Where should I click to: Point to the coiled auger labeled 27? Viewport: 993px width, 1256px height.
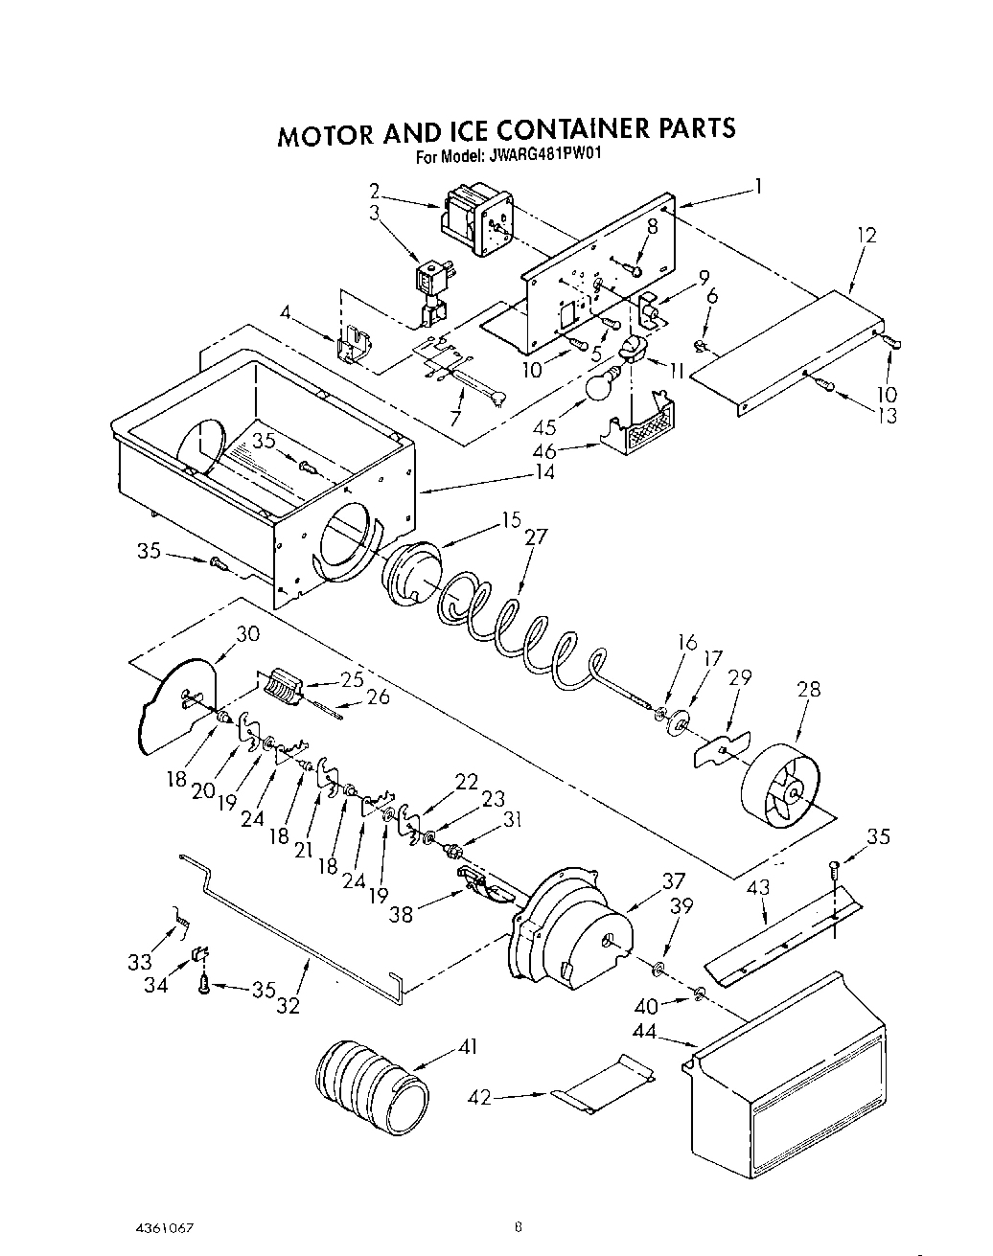tap(518, 632)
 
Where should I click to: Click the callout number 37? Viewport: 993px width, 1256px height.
tap(674, 881)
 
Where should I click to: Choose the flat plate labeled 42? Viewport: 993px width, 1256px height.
tap(604, 1082)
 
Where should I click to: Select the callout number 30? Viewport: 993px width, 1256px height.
tap(247, 633)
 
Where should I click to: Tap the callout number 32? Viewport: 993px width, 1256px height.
tap(288, 1005)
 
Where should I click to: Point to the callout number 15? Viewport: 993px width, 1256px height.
tap(511, 520)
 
